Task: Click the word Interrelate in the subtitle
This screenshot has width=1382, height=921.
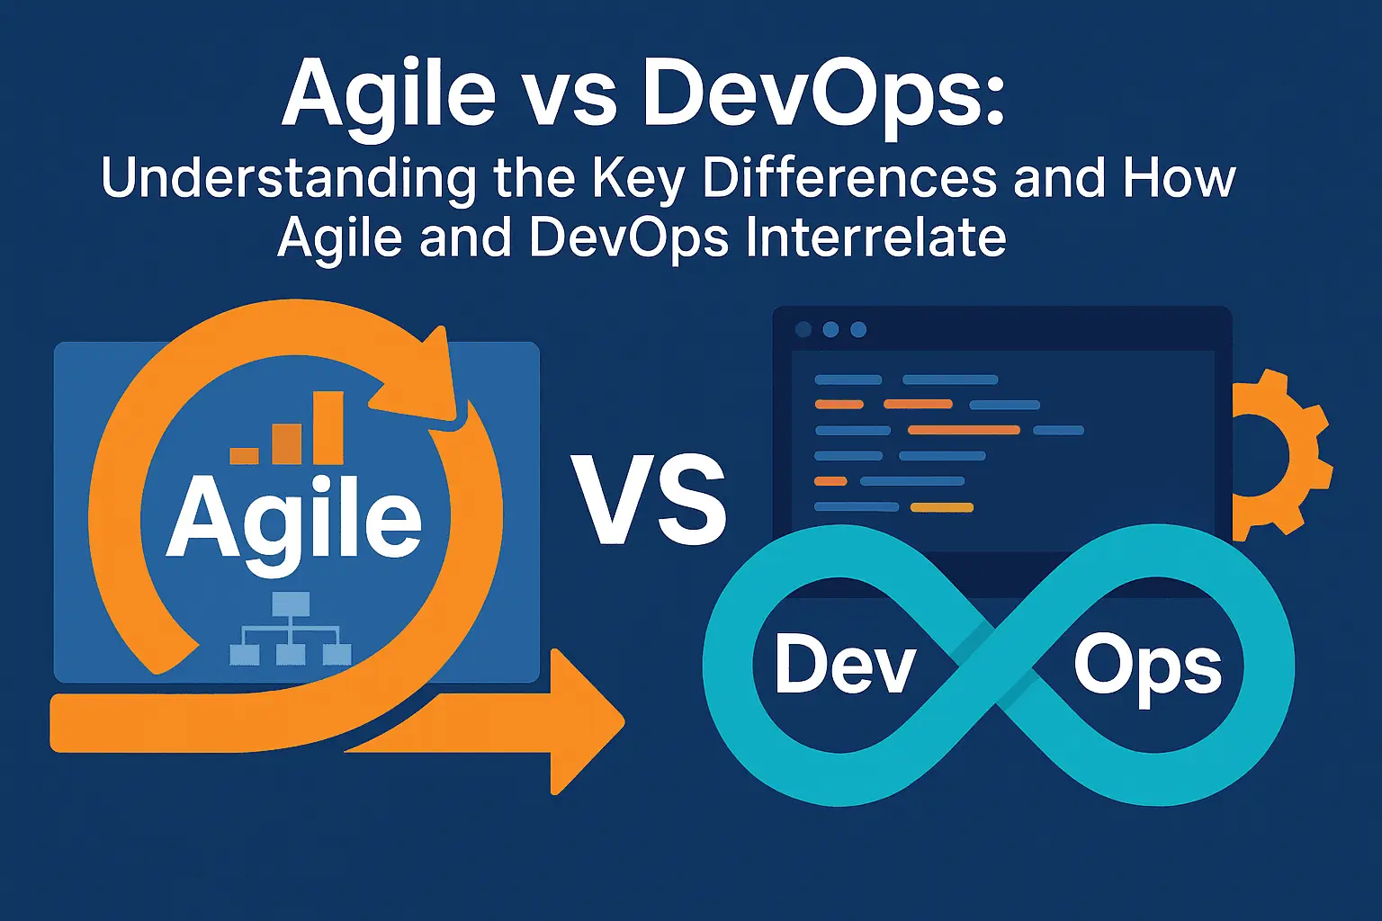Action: (876, 237)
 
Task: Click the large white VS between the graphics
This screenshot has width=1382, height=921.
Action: (649, 500)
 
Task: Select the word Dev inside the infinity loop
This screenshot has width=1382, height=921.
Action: (845, 666)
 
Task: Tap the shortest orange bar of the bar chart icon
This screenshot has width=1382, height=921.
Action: (245, 456)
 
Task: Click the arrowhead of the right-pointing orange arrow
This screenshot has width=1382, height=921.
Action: (587, 721)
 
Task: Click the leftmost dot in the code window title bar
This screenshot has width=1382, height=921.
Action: (803, 329)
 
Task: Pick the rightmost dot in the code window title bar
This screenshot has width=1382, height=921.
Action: (858, 329)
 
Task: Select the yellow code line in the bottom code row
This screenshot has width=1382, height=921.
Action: (942, 507)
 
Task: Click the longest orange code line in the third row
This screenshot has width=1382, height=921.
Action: (964, 430)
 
